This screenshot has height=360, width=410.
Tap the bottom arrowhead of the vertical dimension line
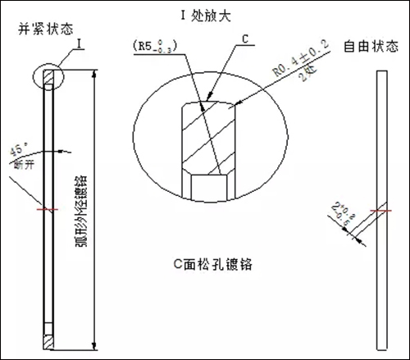(x=98, y=347)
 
